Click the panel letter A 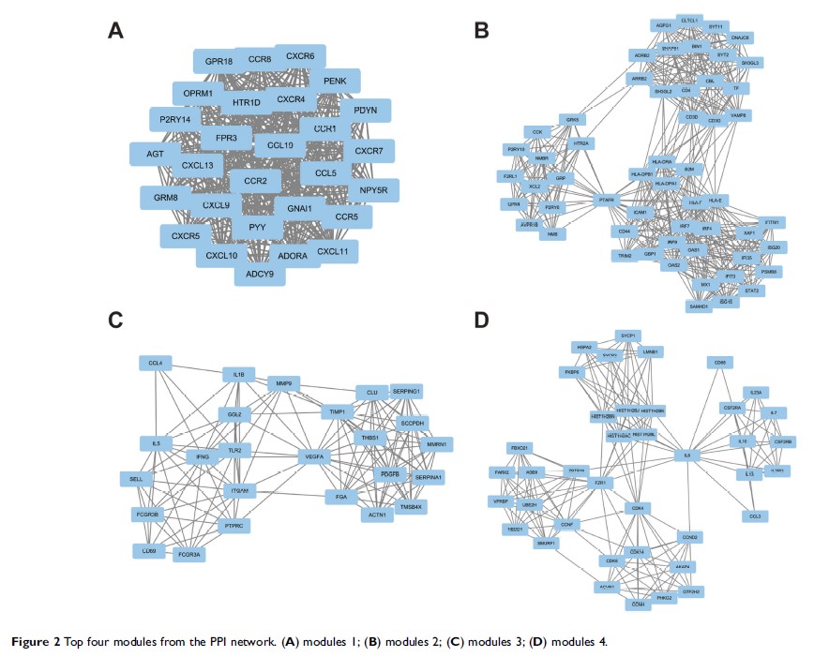tap(116, 31)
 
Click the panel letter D tap(482, 321)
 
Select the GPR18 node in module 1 tap(213, 62)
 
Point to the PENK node tap(335, 82)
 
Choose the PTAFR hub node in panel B tap(607, 199)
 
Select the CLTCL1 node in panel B tap(693, 20)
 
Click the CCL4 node tap(156, 362)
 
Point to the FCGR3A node tap(190, 555)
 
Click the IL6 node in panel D tap(687, 455)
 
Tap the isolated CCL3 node tap(755, 515)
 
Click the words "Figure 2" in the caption tap(39, 642)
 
